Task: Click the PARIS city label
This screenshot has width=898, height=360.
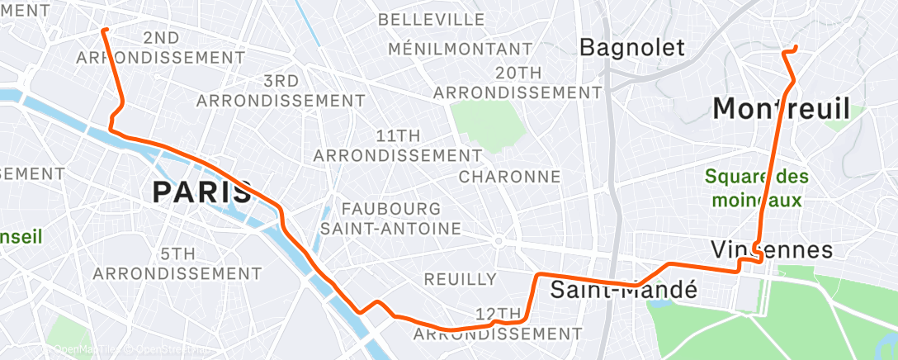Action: pos(202,192)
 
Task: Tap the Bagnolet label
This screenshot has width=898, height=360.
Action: pos(632,47)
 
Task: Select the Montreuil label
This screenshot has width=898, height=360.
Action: pos(781,108)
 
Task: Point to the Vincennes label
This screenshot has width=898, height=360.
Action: pos(772,249)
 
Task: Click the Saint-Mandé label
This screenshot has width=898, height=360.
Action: pos(624,290)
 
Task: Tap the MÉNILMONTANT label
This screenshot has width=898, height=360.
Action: pos(460,50)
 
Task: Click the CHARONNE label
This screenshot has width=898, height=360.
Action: pos(509,177)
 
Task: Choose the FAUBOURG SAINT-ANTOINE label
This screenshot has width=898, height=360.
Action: pos(390,218)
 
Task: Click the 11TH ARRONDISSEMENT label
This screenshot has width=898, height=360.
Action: pos(398,144)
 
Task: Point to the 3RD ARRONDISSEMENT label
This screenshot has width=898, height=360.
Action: pos(281,91)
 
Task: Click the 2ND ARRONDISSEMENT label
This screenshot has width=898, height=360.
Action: pos(160,48)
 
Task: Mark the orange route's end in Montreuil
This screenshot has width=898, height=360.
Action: pos(795,47)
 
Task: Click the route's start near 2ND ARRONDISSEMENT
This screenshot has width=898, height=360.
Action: pos(104,31)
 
